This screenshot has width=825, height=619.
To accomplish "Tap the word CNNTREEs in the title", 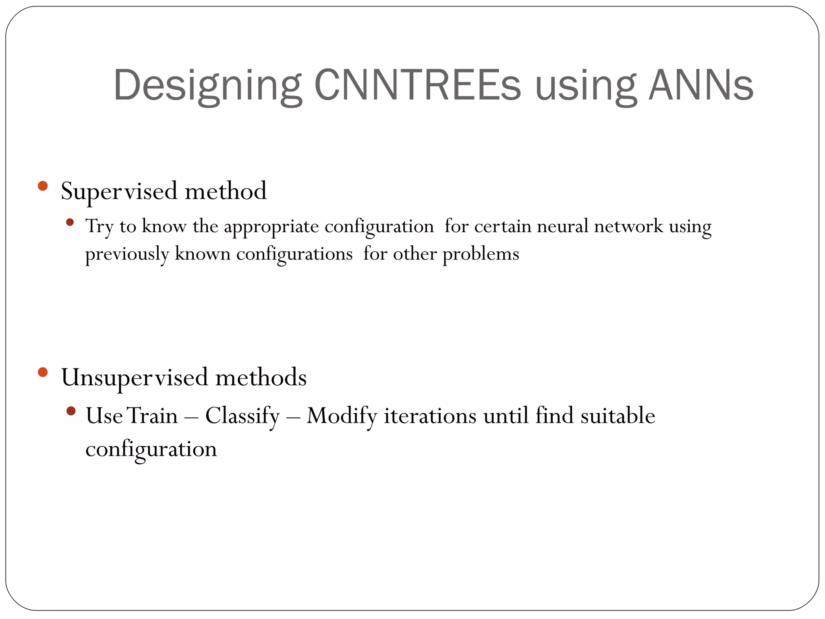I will point(417,85).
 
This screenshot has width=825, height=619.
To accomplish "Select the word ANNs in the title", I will point(701,85).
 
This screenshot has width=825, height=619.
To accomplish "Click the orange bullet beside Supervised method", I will point(43,186).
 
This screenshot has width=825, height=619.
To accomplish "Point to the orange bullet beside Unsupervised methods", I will point(43,372).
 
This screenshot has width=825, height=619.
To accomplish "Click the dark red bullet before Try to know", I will point(70,222).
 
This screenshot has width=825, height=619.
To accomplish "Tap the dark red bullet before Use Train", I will point(71,411).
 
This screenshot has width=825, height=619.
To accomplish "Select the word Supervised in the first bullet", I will point(119,191).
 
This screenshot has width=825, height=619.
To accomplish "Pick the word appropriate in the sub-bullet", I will point(271,226).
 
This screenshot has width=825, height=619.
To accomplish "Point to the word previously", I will point(127,254).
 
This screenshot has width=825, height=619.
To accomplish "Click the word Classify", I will point(243,416).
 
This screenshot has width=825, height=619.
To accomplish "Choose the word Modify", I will point(342,416).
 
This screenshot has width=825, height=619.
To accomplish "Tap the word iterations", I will point(430,416).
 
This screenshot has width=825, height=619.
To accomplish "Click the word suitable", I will point(618,416).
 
